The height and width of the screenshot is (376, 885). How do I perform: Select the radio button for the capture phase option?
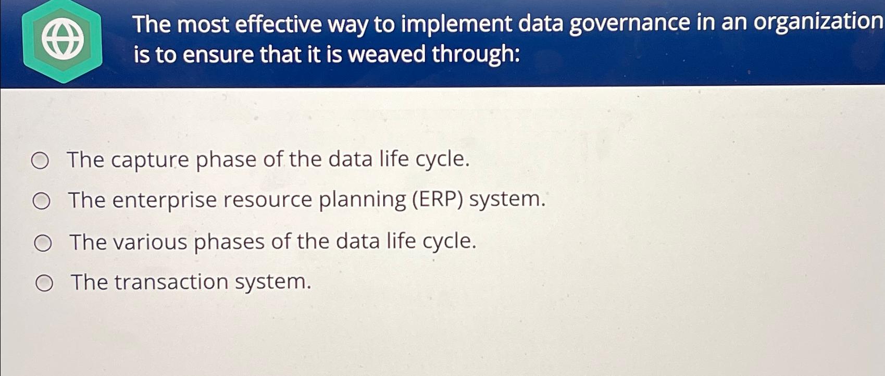(40, 161)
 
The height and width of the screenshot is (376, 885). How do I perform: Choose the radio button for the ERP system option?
(42, 202)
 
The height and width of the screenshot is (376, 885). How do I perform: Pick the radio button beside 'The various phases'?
(43, 243)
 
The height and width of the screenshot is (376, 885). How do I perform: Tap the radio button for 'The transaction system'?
(44, 283)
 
